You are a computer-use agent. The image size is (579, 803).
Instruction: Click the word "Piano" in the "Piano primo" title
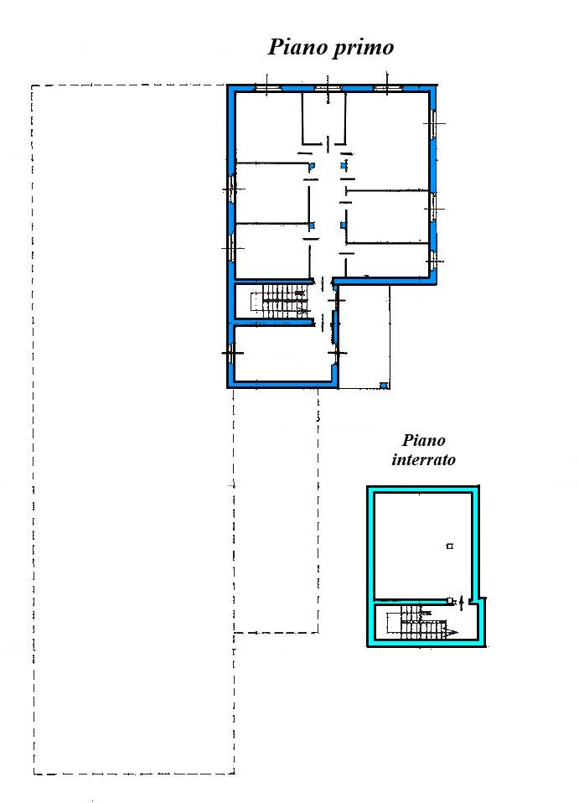pos(298,47)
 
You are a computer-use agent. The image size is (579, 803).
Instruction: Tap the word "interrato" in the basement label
pos(423,459)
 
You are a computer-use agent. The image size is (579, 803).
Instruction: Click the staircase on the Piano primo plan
pos(280,302)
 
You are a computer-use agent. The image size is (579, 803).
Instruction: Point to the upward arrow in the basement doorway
pos(462,603)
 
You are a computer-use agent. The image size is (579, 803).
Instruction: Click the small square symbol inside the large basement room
pos(449,546)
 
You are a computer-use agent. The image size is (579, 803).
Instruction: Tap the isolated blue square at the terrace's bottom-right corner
pos(383,385)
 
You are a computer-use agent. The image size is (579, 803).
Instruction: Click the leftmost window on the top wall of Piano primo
pos(268,88)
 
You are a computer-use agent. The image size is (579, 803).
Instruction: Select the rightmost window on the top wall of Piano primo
pos(387,88)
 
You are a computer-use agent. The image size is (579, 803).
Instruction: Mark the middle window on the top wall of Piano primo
pos(328,88)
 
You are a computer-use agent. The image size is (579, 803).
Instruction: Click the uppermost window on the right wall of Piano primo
pos(433,123)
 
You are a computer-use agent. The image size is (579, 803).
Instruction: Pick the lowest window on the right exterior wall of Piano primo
pos(433,262)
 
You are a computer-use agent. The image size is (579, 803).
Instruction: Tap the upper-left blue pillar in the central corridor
pos(311,166)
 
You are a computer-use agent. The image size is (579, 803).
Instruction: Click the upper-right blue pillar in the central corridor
pos(344,165)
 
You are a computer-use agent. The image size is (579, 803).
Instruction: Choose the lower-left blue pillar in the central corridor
pos(311,225)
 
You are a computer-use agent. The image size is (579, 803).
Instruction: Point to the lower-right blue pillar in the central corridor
pos(344,225)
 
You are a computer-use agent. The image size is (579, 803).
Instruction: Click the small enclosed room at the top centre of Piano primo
pos(323,118)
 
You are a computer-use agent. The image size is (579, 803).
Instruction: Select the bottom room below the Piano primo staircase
pos(282,354)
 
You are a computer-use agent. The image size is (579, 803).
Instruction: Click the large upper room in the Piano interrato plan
pos(422,546)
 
